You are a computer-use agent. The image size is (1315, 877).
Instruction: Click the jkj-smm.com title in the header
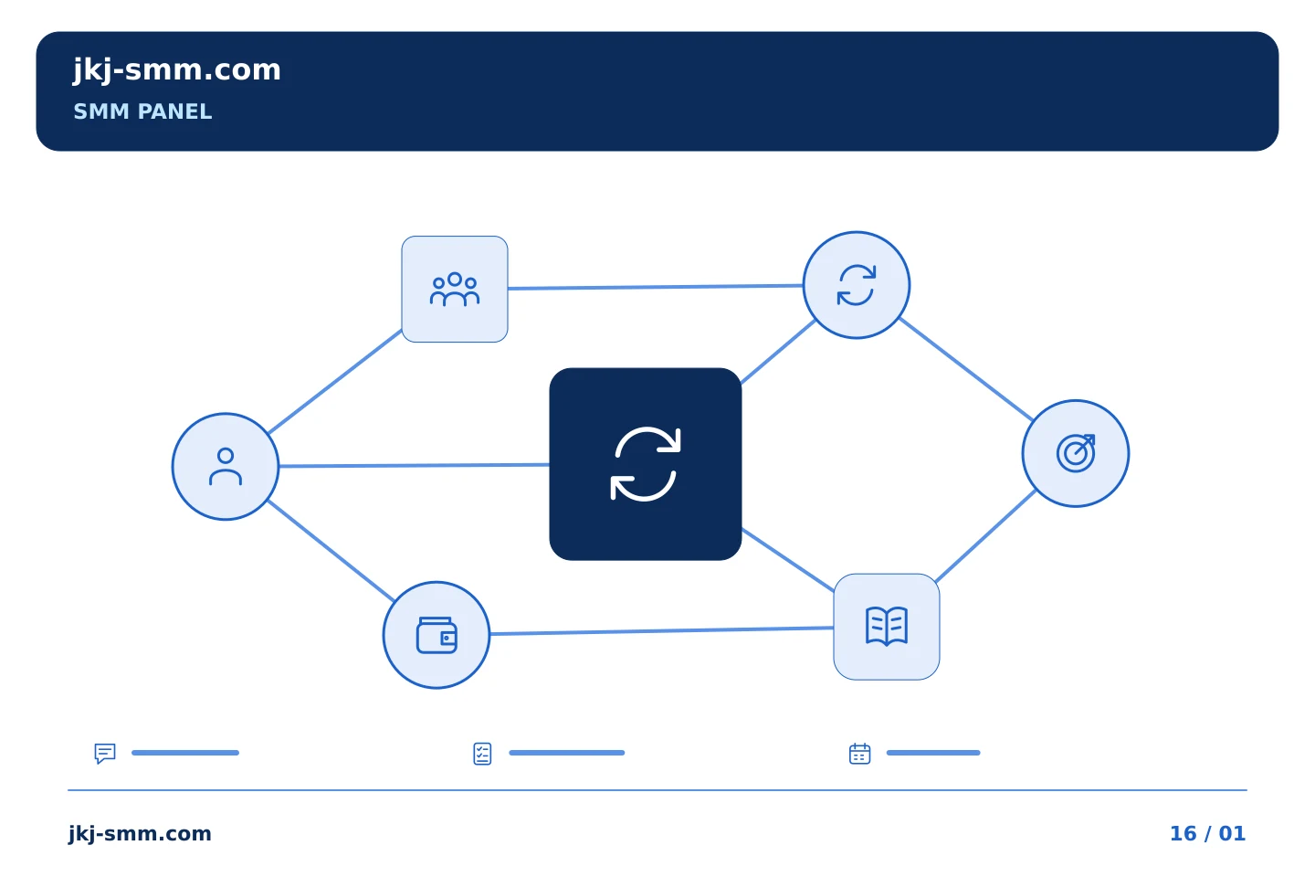177,70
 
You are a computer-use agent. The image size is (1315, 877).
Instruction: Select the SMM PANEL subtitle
142,111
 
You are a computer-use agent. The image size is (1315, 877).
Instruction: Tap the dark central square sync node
645,464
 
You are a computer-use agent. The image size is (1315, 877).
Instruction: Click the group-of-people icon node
455,289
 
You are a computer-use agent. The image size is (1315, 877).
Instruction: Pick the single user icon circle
226,467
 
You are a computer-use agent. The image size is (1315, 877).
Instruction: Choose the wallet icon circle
437,635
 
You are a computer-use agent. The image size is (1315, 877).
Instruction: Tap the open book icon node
887,627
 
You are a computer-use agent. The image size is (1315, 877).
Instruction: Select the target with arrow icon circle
1076,453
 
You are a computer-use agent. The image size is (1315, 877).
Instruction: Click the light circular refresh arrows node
857,285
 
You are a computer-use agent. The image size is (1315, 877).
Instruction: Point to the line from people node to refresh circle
655,287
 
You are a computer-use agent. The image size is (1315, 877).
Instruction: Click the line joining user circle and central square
414,465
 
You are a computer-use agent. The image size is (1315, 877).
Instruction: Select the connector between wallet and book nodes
661,631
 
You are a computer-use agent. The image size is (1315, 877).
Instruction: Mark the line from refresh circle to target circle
966,369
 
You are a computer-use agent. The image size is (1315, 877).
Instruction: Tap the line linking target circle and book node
985,536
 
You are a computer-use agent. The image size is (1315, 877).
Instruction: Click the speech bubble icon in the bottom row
105,753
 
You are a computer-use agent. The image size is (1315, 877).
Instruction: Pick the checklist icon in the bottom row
482,754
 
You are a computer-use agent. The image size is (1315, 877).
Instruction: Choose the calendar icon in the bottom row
860,754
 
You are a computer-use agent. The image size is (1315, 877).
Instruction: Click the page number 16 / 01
1207,833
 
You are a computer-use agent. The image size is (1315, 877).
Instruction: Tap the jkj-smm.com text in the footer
140,834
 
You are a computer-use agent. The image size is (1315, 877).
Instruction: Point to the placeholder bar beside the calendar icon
933,753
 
